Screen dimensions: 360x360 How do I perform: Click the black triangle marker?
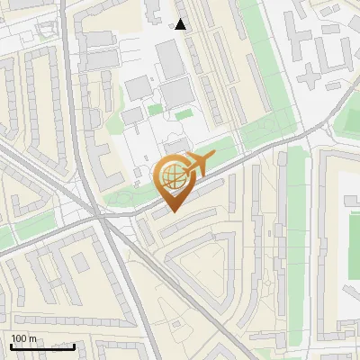(x=181, y=24)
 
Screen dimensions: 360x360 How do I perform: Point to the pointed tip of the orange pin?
(x=172, y=211)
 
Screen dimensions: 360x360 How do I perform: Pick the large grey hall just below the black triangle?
(x=170, y=58)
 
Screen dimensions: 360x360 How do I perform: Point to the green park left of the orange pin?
(x=121, y=193)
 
